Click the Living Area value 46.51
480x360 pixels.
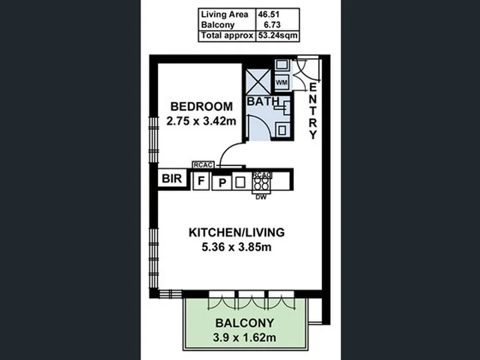(269, 15)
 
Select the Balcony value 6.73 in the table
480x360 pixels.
(270, 25)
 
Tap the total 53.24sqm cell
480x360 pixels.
(277, 35)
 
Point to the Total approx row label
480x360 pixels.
(227, 35)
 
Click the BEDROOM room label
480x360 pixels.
(201, 107)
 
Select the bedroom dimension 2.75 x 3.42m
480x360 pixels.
(201, 121)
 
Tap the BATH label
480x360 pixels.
(263, 101)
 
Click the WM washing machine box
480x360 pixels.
(281, 83)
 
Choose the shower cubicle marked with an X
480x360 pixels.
(258, 82)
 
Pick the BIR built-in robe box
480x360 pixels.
(172, 179)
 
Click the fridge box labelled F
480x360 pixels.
(201, 181)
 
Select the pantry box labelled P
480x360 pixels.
(223, 183)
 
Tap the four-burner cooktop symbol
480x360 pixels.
(261, 183)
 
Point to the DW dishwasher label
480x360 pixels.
(261, 197)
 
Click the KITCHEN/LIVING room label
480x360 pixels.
(237, 233)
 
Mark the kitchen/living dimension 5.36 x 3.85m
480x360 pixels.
(237, 247)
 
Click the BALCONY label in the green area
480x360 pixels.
(245, 323)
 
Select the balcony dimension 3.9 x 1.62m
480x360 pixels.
(245, 337)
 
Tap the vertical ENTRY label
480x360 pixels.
(313, 111)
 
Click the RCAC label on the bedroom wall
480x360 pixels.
(203, 165)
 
